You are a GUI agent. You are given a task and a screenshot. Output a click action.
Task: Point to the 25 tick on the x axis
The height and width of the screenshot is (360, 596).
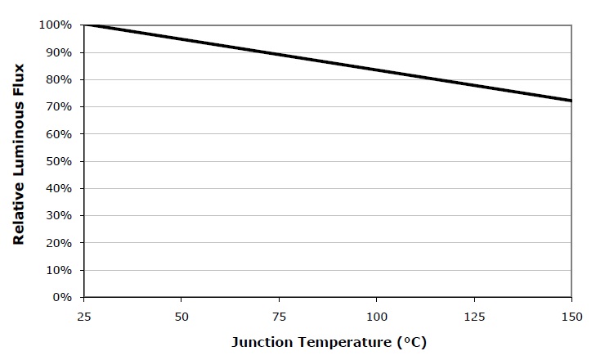83,315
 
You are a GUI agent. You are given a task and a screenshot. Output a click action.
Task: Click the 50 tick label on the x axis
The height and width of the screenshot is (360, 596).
181,315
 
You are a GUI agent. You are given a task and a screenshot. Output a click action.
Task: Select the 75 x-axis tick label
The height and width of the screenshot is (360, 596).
279,315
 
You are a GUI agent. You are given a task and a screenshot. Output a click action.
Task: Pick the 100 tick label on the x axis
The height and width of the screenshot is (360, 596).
376,315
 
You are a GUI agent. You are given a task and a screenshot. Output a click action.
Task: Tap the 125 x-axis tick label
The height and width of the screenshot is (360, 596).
473,315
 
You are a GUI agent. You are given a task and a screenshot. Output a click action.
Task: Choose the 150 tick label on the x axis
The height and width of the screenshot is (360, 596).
571,315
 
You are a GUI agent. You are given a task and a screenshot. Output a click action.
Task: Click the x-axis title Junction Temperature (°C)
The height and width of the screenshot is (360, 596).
328,341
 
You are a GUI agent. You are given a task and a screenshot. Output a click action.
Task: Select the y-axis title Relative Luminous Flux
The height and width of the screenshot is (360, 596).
17,161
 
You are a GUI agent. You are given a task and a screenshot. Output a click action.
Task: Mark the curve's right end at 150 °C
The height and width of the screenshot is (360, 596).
571,101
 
